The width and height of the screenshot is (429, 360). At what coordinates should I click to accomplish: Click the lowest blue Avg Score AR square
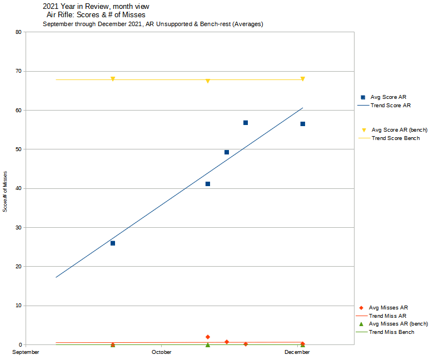pos(113,243)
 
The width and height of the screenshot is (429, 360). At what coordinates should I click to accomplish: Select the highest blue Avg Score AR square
pos(246,123)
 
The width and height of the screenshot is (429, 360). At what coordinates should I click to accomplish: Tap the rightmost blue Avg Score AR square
pos(303,124)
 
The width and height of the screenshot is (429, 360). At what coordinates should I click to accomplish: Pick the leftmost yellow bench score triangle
pos(113,79)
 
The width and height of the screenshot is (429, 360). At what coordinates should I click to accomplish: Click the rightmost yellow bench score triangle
pos(303,79)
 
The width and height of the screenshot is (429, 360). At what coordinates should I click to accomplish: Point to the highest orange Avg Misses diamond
pos(208,337)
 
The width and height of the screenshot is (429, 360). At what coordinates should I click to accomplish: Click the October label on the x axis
pos(162,352)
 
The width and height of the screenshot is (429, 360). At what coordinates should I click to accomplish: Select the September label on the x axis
pos(26,352)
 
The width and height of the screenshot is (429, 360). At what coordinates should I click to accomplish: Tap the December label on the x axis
pos(297,352)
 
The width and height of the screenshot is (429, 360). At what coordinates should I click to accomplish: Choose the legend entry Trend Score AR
pos(391,105)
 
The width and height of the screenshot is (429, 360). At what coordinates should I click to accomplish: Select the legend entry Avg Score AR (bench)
pos(399,129)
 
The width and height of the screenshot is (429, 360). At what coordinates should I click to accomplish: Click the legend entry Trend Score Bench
pos(396,138)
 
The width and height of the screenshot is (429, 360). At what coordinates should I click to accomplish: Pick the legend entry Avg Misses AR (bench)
pos(398,324)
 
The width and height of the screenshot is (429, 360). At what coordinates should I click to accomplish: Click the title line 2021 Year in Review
pos(96,7)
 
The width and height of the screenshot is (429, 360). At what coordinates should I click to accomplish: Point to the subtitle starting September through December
pos(153,24)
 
